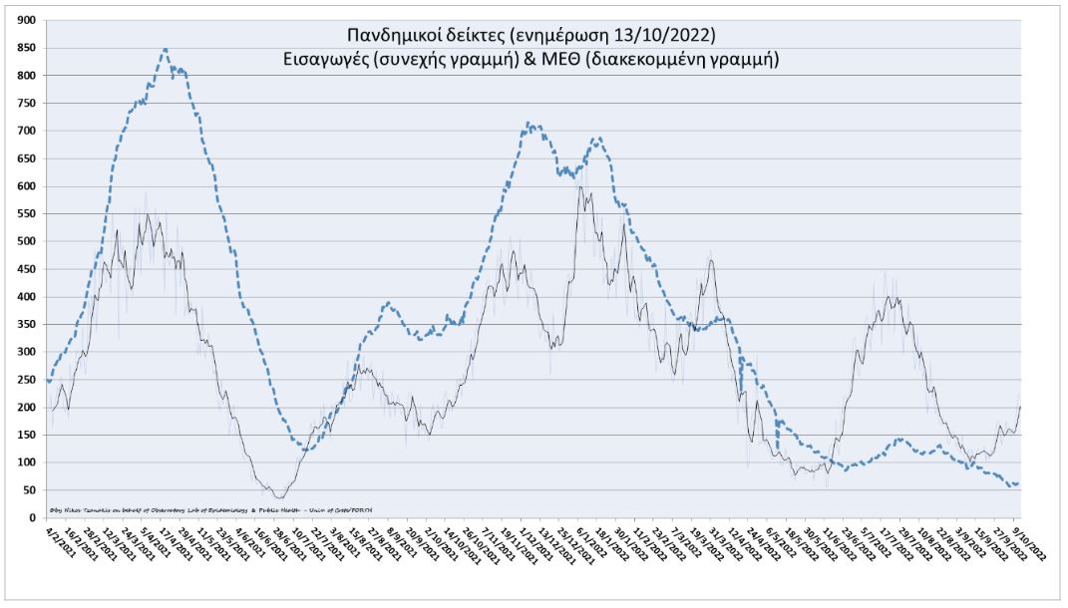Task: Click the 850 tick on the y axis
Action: (27, 48)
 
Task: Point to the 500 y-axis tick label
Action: (27, 241)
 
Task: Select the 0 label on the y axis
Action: (33, 517)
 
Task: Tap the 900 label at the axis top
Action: (27, 20)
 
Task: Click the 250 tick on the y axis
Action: (27, 380)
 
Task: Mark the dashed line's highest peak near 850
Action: (165, 49)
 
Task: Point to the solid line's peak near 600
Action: (580, 186)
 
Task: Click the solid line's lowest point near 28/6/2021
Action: (279, 497)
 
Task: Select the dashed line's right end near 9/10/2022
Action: (1016, 484)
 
